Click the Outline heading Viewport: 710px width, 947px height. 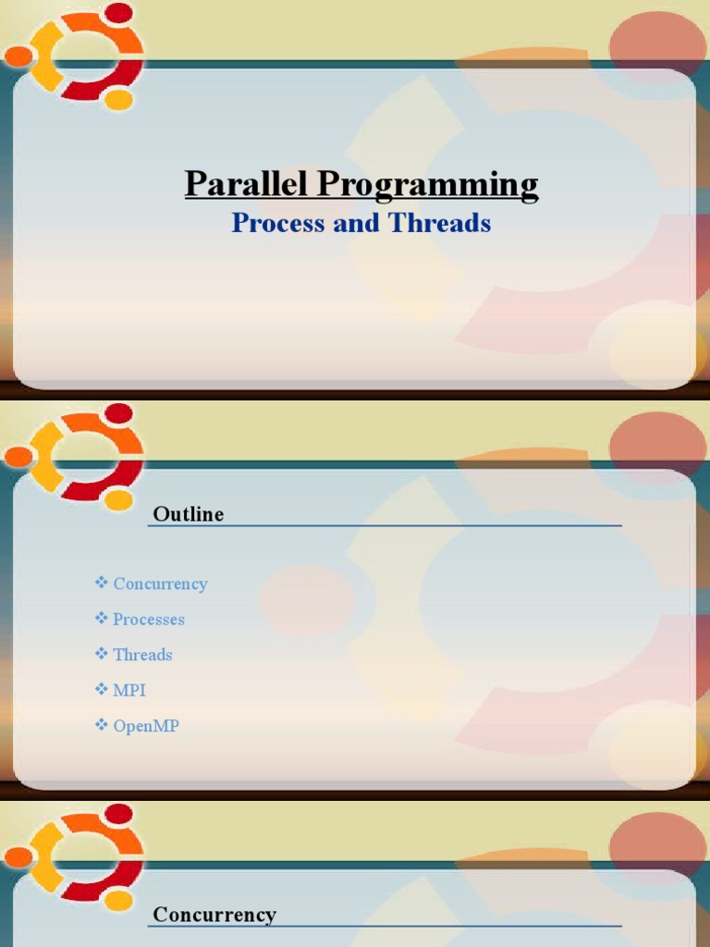pos(189,514)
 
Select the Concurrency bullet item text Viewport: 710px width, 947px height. pos(160,584)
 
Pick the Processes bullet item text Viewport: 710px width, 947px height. pos(149,619)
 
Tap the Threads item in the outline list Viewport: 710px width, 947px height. pos(142,654)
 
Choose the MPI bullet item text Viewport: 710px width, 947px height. pos(129,690)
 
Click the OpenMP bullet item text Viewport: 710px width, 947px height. pos(146,726)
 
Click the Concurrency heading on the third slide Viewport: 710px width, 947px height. pos(214,915)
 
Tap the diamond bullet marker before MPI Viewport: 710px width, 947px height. pos(102,689)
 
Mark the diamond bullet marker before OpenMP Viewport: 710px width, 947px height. pos(102,725)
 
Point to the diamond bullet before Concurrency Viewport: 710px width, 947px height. pos(102,583)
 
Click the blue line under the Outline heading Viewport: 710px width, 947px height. pos(385,526)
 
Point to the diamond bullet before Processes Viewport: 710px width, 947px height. pos(102,618)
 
